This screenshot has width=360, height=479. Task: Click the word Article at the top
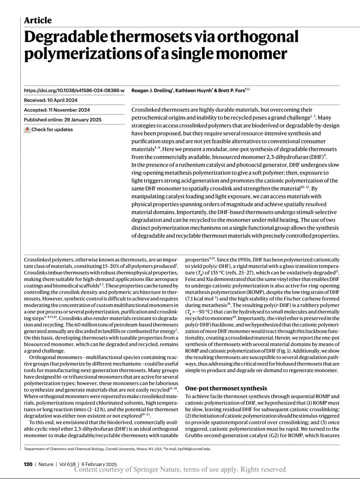(38, 20)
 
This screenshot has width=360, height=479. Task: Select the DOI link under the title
(74, 90)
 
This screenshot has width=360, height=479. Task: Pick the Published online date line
(63, 120)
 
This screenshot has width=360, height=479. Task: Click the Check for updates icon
(27, 130)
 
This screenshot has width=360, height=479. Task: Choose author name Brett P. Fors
(234, 90)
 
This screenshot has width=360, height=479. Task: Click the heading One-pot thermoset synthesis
(226, 388)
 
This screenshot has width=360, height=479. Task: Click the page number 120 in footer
(28, 464)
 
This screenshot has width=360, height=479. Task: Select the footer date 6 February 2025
(100, 464)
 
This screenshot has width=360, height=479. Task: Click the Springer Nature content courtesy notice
(180, 470)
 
